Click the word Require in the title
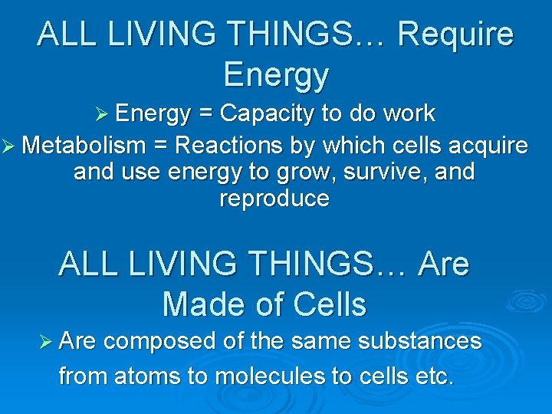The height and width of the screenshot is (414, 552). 456,35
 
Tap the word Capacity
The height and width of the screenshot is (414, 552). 266,114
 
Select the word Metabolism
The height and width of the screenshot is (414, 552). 84,145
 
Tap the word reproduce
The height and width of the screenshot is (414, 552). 274,199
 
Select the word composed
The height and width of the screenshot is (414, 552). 159,341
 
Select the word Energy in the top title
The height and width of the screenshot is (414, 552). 276,75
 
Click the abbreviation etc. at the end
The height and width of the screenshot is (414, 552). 435,376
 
